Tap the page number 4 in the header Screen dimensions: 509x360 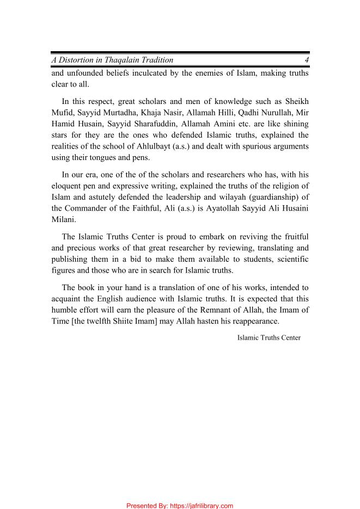coord(307,60)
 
